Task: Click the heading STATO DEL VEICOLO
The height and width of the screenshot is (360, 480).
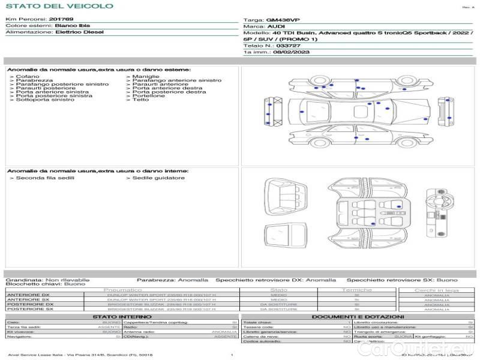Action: coord(59,7)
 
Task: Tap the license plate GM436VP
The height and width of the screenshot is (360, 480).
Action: coord(283,20)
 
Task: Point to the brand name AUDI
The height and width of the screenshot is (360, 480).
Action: coord(276,26)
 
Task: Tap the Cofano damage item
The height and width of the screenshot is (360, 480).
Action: coord(28,77)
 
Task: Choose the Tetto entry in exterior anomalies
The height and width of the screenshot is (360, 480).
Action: coord(140,100)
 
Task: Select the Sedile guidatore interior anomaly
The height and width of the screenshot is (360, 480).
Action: coord(158,178)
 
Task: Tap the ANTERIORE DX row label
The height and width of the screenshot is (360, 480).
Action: coord(28,295)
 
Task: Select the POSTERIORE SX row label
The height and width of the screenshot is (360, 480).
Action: coord(29,309)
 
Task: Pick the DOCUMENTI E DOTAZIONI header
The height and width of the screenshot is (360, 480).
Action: coord(358,317)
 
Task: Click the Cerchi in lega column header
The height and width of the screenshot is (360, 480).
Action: coord(436,290)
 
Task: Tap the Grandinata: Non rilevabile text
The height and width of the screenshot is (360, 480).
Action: coord(47,280)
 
